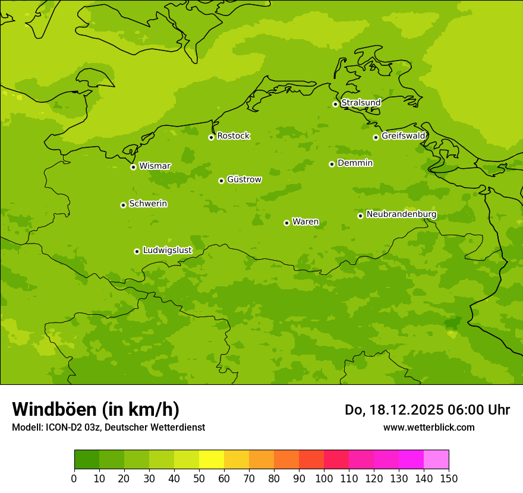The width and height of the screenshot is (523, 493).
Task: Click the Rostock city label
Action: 233,136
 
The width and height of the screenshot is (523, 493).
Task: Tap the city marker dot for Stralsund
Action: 335,104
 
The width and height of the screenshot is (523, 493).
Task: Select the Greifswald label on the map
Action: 403,136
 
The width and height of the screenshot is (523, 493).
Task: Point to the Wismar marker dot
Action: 133,167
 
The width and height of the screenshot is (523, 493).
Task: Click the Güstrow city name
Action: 244,179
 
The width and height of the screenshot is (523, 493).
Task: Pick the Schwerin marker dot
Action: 123,205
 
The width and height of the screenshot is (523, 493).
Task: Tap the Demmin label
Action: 355,163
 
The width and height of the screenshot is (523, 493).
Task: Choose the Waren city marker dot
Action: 286,223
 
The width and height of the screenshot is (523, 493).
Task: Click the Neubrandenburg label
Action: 401,214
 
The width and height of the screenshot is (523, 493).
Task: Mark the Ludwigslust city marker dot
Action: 137,251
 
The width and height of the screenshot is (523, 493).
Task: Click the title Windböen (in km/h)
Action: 96,409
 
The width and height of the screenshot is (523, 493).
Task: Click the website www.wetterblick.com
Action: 429,427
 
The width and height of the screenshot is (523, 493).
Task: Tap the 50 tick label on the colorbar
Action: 199,478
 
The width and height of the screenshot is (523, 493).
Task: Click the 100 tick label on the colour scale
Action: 324,478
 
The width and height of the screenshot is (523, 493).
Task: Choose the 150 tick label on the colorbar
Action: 449,478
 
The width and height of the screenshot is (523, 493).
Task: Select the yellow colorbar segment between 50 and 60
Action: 212,459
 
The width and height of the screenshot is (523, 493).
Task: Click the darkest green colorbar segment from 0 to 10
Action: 87,459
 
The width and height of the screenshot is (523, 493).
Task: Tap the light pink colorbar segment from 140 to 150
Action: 436,459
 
